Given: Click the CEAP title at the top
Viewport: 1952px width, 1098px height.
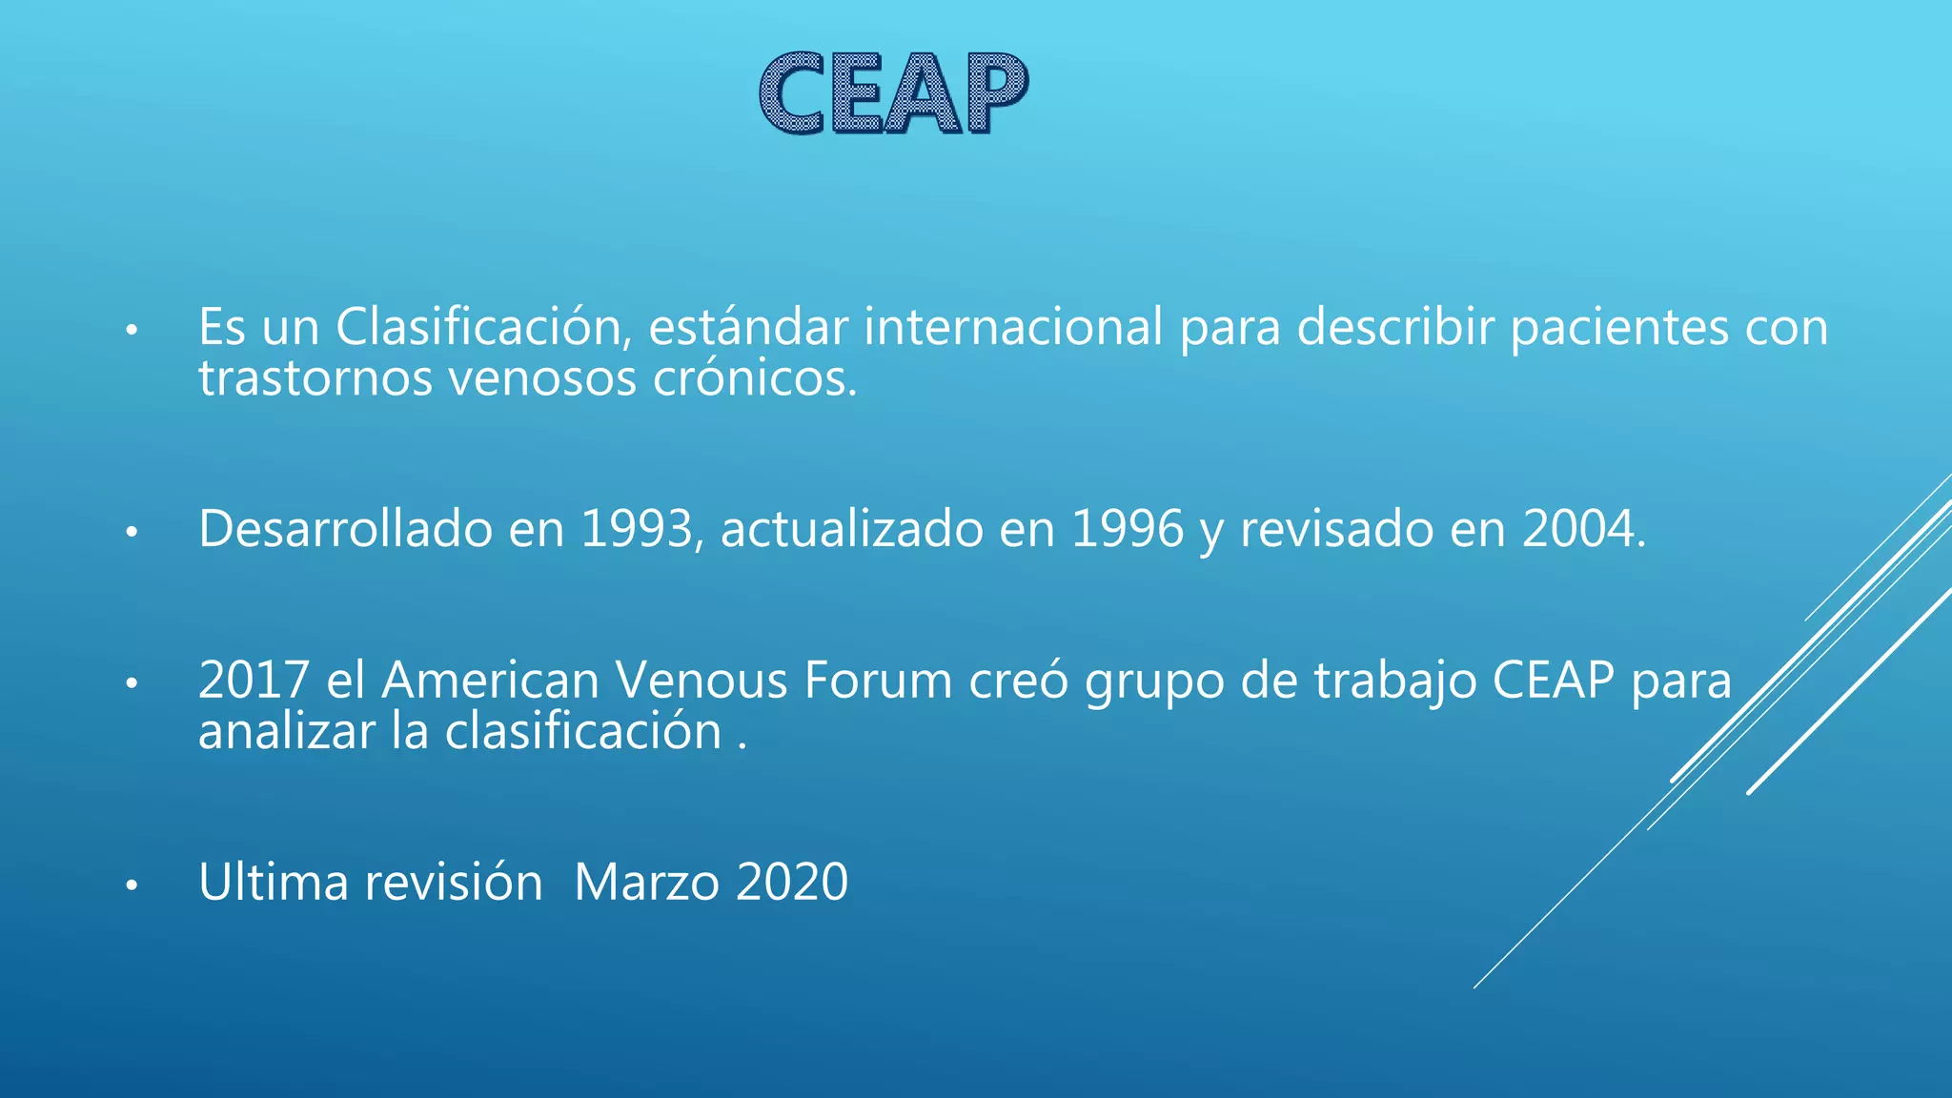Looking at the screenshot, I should pos(893,93).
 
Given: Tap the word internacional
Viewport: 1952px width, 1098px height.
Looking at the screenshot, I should pos(1013,327).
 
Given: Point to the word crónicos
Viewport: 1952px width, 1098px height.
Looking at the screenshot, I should pos(755,379).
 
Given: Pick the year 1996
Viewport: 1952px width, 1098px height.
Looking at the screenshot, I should pos(1128,529).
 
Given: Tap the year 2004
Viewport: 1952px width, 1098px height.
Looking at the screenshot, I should pos(1583,529).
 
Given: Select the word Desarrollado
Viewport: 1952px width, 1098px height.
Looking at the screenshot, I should pos(345,529).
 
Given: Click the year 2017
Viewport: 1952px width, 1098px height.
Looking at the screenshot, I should pos(254,681).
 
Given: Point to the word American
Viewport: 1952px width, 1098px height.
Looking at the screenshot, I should pos(490,681).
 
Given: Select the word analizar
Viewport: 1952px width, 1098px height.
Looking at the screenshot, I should pos(286,732).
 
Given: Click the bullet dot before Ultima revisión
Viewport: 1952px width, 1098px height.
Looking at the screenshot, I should pos(132,886).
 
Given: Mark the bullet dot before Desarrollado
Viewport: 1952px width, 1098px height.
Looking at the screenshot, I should pos(132,533).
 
